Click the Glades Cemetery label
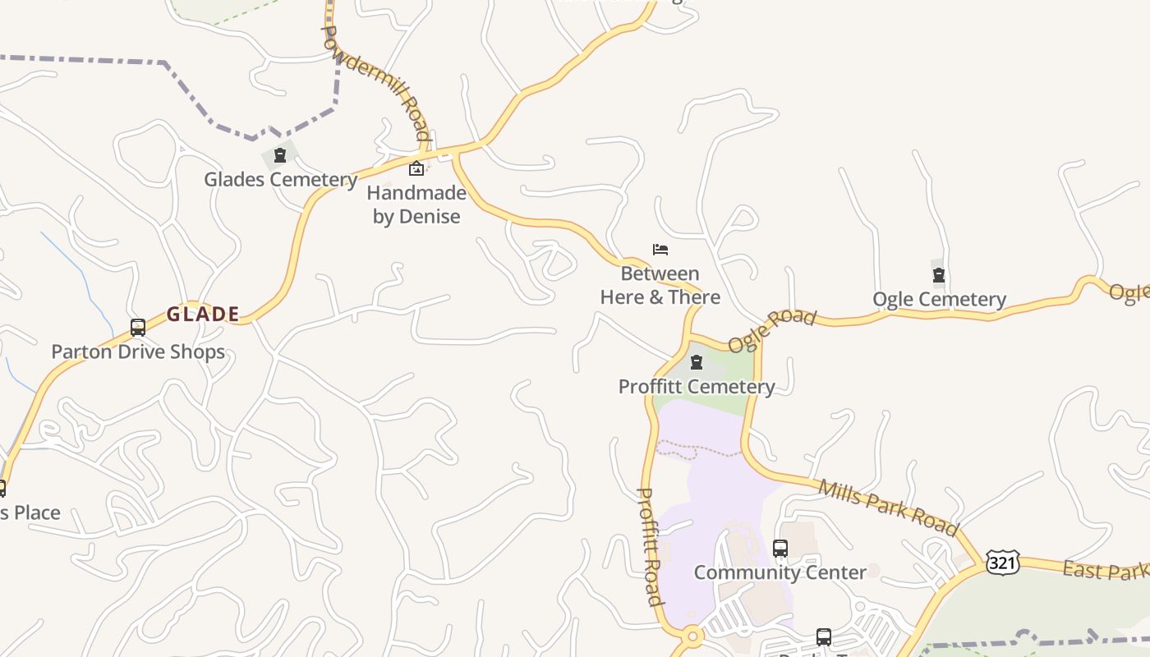pos(280,179)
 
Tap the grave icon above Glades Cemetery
pos(280,154)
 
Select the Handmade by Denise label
pos(416,204)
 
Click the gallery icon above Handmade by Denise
pos(416,169)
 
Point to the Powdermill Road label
pos(376,82)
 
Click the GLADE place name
pos(203,314)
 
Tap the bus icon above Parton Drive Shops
pos(138,328)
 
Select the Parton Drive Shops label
pos(138,351)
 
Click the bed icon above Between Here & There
pos(660,249)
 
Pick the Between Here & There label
pos(660,285)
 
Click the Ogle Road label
pos(772,329)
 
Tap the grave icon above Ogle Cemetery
pos(939,275)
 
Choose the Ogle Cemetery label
pos(939,299)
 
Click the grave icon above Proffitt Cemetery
pos(697,362)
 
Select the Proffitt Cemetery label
pos(697,386)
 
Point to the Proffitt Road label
pos(651,546)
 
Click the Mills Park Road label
pos(888,507)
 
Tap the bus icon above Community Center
pos(780,548)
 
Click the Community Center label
pos(780,572)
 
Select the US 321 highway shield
pos(1003,563)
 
